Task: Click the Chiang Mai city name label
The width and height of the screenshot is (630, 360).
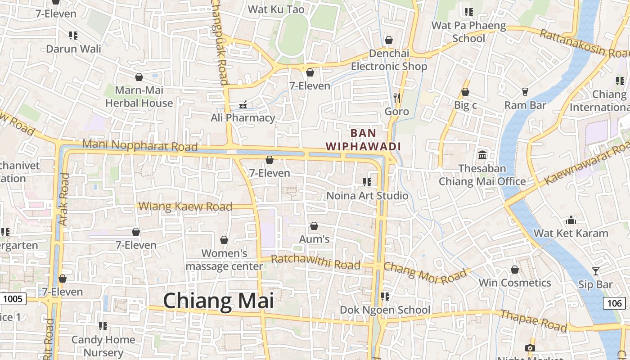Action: pos(218,301)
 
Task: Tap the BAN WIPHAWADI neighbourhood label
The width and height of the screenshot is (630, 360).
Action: pos(363,139)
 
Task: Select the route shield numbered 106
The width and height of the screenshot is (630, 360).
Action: pos(614,303)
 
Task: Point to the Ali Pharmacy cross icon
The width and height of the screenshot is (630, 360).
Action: pos(243,105)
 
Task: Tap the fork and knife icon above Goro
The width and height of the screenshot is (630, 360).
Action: pos(396,98)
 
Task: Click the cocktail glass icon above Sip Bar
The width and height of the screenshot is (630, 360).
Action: pos(596,271)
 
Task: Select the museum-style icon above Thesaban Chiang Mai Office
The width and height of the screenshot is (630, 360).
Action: pos(482,155)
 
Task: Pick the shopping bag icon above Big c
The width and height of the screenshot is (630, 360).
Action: pos(465,92)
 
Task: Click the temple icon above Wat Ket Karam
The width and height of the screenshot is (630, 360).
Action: pos(571,220)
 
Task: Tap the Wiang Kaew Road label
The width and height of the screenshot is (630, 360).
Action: pos(185,207)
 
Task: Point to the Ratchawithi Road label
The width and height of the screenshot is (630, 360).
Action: pos(315,262)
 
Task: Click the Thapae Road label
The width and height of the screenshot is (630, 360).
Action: pos(534,320)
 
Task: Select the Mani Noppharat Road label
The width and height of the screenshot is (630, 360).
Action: pos(140,146)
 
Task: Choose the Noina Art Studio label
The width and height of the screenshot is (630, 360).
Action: pos(367,195)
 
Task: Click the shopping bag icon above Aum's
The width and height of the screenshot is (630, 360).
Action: pos(314,226)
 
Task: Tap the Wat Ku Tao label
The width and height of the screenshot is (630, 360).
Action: pos(276,9)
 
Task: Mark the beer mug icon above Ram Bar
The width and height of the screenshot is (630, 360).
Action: pos(525,92)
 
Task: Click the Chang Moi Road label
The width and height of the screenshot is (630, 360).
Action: pos(425,273)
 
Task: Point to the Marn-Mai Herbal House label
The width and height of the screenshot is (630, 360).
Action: pos(139,96)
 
